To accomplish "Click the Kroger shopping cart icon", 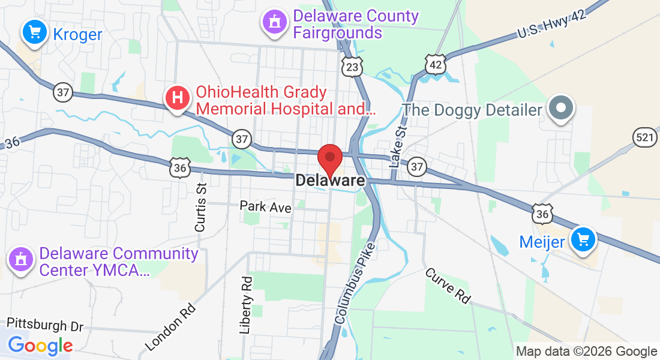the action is click(35, 31).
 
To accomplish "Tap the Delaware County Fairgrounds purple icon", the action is click(274, 22).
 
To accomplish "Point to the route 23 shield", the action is click(352, 67).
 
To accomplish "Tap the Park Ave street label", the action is click(265, 206).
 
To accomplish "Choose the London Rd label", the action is click(172, 326).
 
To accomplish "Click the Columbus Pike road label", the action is click(355, 283).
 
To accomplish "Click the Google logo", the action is click(40, 346).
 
